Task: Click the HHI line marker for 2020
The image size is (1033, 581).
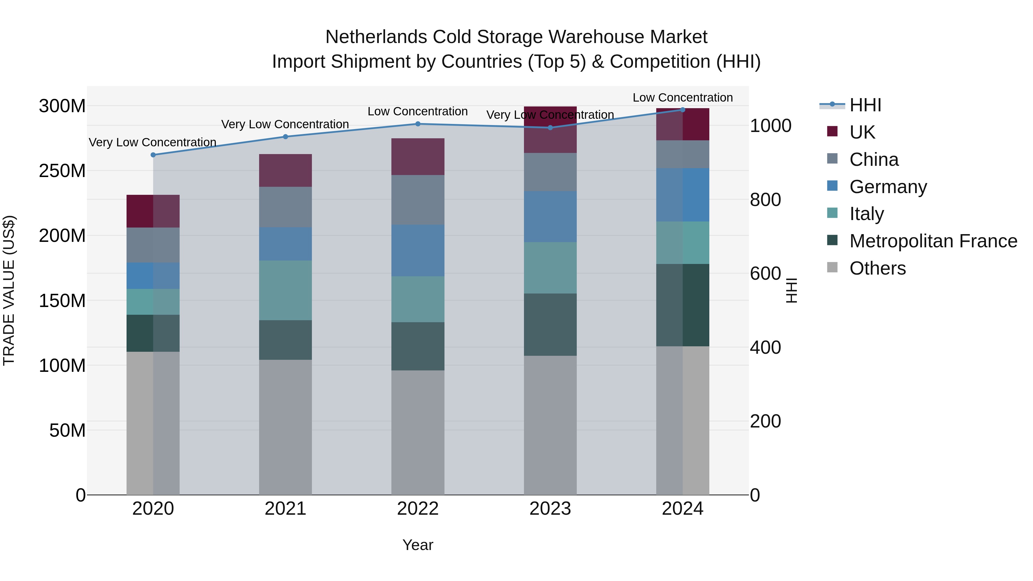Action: [153, 155]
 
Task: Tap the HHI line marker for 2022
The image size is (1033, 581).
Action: [418, 124]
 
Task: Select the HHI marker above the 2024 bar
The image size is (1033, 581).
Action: [683, 110]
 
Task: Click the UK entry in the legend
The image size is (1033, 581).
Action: [862, 132]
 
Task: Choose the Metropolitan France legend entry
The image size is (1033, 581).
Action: [933, 241]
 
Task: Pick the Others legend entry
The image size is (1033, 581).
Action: [877, 268]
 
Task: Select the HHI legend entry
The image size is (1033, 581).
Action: [865, 105]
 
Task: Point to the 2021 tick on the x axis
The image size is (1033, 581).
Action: [286, 508]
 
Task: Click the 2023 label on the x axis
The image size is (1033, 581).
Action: [550, 508]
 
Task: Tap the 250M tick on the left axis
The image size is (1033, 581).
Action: [62, 171]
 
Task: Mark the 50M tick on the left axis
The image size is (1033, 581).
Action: [67, 430]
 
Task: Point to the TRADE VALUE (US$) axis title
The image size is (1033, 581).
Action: [9, 290]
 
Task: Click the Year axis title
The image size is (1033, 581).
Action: [418, 545]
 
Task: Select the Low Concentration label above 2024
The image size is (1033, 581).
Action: [683, 98]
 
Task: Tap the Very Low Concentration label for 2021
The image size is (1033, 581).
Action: [285, 124]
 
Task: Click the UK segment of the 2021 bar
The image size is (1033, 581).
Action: [286, 170]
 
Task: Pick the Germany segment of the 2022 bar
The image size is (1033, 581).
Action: [418, 250]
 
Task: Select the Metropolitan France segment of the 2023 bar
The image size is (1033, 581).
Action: [550, 324]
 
